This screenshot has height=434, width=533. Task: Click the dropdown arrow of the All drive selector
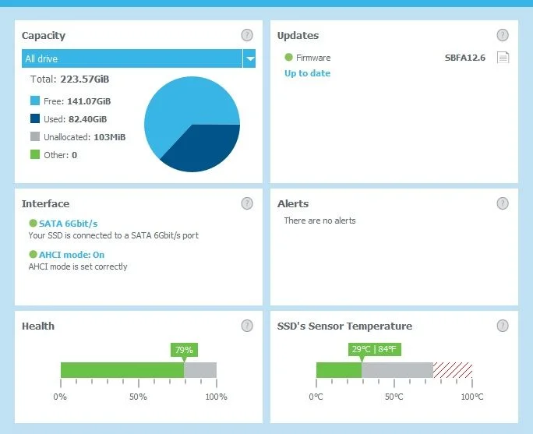[249, 58]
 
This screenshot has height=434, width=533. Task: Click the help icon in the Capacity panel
[247, 35]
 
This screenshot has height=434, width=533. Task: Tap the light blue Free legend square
[34, 101]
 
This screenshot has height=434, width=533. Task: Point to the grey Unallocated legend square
[34, 137]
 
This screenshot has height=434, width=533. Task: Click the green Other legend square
[34, 155]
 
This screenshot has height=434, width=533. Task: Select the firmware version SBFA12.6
[465, 58]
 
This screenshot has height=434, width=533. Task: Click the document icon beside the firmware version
[503, 58]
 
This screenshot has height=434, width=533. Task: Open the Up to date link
[307, 73]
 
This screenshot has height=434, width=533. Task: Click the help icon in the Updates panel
[503, 35]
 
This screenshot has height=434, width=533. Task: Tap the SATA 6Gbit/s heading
[68, 223]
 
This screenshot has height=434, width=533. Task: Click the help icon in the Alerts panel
[503, 203]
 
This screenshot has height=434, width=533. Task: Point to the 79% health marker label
[184, 350]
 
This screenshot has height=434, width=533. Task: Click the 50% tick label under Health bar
[138, 397]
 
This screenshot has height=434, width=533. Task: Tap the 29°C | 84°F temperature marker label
[374, 350]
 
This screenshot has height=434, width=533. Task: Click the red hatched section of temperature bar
[453, 370]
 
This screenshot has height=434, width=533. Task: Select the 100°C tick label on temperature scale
[471, 397]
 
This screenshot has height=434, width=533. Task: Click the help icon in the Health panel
[247, 326]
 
